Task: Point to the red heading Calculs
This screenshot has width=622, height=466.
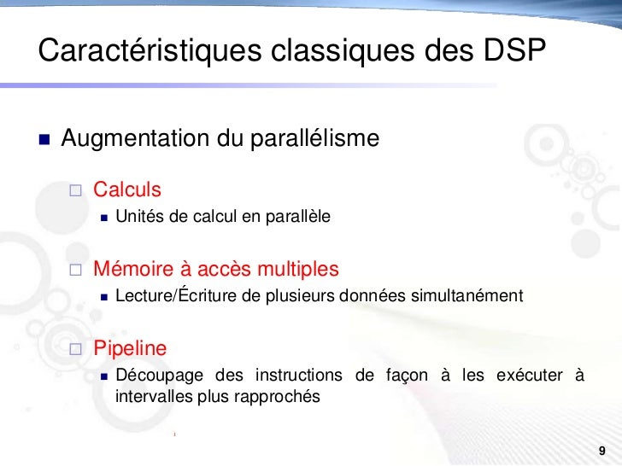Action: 127,188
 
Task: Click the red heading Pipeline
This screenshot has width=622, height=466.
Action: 130,348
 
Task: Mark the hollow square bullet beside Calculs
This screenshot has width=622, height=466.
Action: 75,189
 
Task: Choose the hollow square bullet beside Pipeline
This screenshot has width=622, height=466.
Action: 75,349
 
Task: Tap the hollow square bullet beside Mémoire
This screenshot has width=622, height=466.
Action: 75,271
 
